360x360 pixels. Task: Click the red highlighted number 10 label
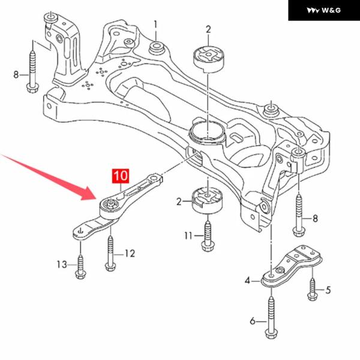click(x=119, y=176)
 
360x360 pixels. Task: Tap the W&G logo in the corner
click(x=323, y=10)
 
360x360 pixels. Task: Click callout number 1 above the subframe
click(x=155, y=25)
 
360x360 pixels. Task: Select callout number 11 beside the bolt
click(x=188, y=236)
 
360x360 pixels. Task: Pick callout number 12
click(x=130, y=253)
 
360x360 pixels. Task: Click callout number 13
click(x=62, y=264)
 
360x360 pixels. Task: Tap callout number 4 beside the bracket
click(x=247, y=280)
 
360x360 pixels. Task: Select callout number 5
click(x=328, y=291)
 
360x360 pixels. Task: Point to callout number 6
click(x=253, y=322)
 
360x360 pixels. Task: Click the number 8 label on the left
click(x=16, y=74)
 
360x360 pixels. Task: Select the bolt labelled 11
click(x=208, y=234)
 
